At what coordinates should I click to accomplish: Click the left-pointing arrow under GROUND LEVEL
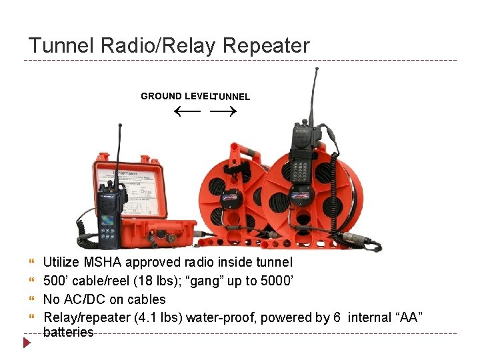tap(187, 111)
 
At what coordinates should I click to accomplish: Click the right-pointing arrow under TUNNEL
tap(223, 111)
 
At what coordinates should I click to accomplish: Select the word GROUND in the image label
tap(161, 96)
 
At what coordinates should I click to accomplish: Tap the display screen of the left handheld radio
tap(107, 221)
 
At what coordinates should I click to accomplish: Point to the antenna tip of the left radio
tap(119, 126)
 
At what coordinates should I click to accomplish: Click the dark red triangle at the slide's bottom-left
tap(27, 343)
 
